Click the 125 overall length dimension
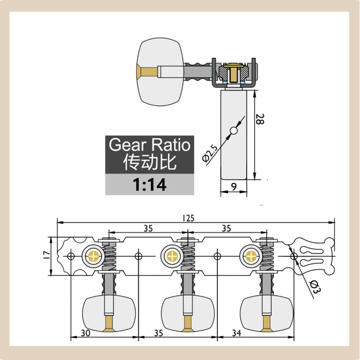click(x=188, y=218)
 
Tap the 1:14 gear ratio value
click(x=149, y=184)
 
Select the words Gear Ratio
click(x=149, y=144)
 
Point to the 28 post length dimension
click(x=260, y=119)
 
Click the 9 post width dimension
click(x=234, y=187)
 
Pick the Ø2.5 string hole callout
click(x=210, y=153)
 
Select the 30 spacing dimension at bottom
click(x=85, y=333)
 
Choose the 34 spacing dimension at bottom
click(x=237, y=333)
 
